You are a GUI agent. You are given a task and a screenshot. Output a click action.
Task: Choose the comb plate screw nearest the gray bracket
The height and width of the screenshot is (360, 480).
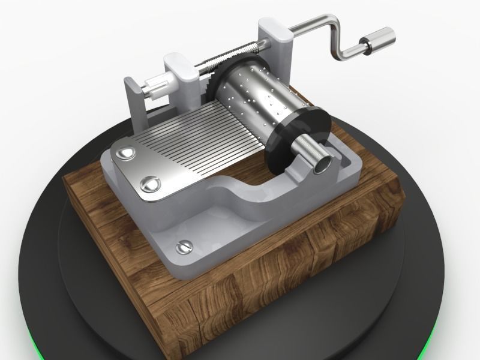point(126,154)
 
